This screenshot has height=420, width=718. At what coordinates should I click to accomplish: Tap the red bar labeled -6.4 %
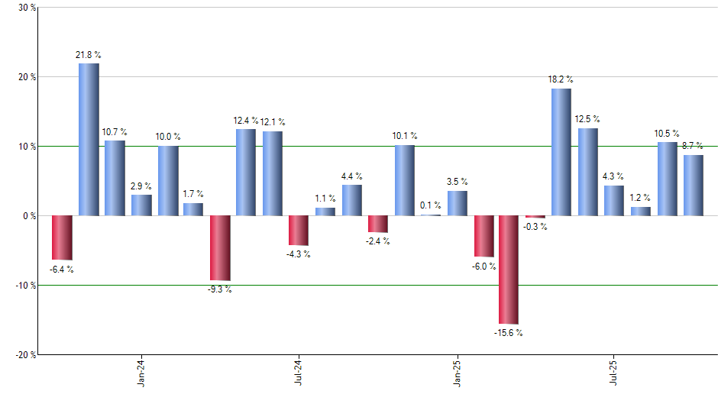tap(62, 237)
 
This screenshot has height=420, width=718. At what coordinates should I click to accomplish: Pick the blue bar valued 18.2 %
tap(561, 152)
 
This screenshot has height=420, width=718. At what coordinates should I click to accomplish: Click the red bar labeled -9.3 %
tap(220, 247)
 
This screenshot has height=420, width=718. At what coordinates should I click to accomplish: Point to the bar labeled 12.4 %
tap(246, 172)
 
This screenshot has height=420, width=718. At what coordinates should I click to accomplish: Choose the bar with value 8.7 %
tap(694, 185)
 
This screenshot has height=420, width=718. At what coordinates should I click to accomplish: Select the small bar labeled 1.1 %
tap(325, 212)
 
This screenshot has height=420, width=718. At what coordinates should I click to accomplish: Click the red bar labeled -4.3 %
tap(299, 230)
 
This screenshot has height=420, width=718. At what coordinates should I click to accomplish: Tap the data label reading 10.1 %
tap(405, 137)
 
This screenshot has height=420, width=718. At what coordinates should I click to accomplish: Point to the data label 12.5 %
tap(587, 119)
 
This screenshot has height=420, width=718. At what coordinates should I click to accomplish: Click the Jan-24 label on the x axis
tap(141, 373)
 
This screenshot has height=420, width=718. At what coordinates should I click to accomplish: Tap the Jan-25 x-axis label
tap(458, 373)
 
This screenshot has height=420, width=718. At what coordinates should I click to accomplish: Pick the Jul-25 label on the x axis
tap(614, 373)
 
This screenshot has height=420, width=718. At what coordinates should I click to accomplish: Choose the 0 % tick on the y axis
tap(29, 216)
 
